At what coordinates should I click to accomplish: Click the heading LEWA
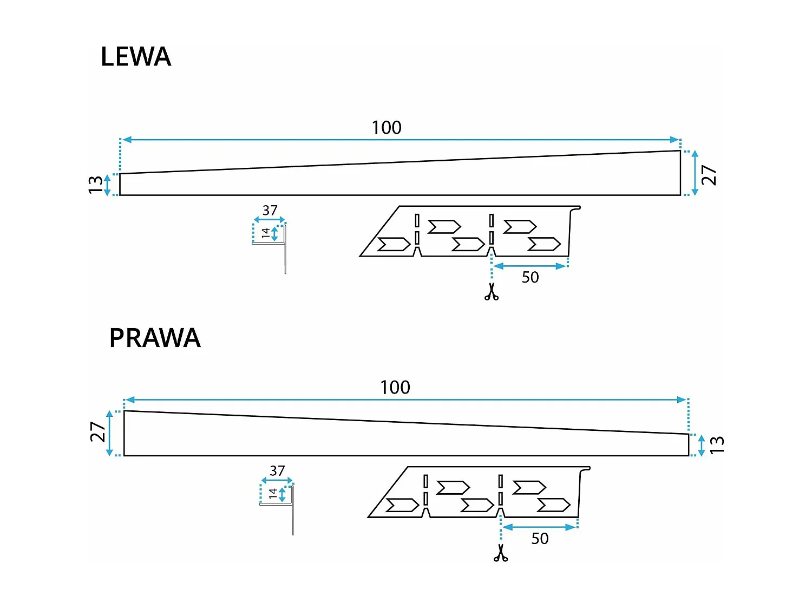tap(136, 57)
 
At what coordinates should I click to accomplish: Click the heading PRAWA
tap(155, 338)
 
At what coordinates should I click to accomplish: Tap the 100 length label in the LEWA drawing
tap(387, 128)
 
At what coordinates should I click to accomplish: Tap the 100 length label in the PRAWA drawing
tap(395, 388)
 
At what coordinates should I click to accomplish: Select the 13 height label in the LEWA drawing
tap(95, 185)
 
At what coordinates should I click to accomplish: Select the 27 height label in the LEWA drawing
tap(709, 175)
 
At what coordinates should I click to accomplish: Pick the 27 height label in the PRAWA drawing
tap(97, 432)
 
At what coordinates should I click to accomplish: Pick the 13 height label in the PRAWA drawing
tap(716, 445)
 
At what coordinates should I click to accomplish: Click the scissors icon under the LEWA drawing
tap(492, 292)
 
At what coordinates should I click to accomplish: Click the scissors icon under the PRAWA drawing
tap(501, 553)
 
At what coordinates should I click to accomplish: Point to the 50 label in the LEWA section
tap(530, 277)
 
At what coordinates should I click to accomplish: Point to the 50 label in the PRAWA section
tap(540, 539)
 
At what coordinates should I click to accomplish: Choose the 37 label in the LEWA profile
tap(270, 210)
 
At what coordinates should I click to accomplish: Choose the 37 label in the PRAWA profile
tap(277, 470)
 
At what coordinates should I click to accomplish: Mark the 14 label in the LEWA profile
tap(265, 233)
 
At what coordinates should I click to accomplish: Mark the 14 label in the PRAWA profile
tap(273, 493)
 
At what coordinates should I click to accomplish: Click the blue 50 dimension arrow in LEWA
tap(529, 266)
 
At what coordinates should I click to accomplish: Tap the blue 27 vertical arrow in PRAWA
tap(110, 433)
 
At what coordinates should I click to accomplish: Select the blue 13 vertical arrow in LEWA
tap(107, 185)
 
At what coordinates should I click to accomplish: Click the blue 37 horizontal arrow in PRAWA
tap(277, 480)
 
